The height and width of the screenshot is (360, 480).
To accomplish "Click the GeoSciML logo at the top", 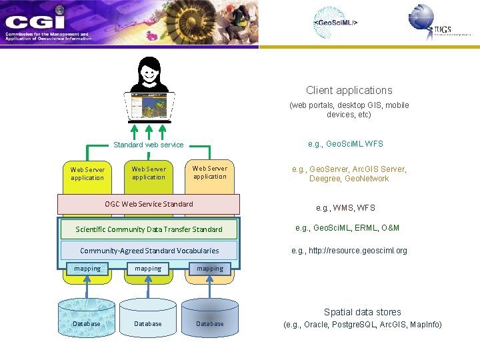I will [x=335, y=22].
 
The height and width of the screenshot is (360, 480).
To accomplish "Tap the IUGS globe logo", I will [x=421, y=17].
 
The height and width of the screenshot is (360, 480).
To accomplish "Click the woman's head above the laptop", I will [x=149, y=69].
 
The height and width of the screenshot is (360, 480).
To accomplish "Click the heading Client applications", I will [x=349, y=90].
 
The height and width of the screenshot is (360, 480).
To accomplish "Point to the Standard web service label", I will [x=148, y=145].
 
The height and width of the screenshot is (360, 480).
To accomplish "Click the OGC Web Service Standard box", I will [x=149, y=204].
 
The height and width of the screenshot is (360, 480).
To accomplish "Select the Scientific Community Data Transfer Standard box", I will [x=149, y=229].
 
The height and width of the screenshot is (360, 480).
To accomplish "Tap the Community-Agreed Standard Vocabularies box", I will [x=149, y=251].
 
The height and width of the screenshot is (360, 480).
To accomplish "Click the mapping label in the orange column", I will [x=210, y=269].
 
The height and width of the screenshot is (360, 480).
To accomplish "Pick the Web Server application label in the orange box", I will [x=210, y=172].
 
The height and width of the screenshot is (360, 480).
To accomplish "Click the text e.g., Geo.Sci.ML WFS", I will [x=345, y=144].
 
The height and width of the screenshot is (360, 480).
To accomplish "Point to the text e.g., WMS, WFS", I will [x=345, y=208].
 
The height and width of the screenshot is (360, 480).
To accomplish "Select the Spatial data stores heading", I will [x=362, y=312].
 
